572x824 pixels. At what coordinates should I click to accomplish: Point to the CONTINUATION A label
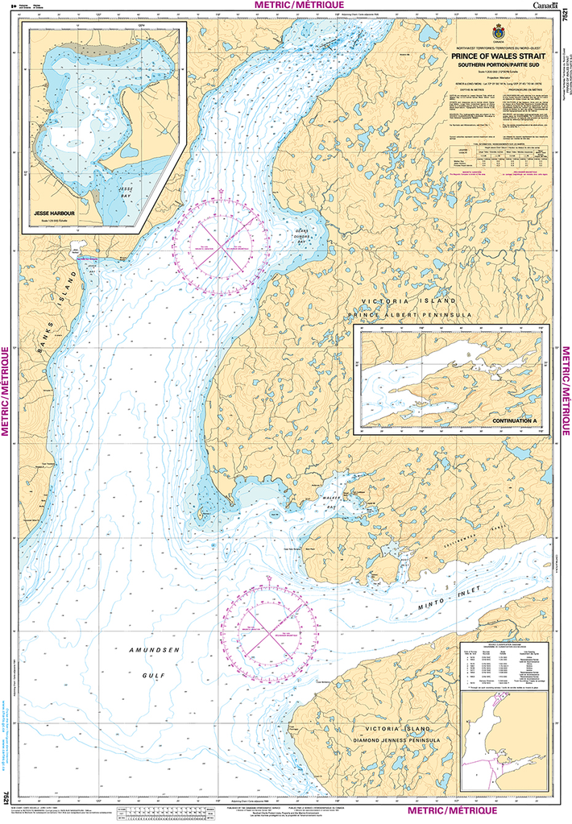point(512,420)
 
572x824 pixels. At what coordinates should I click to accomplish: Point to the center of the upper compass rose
point(222,243)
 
